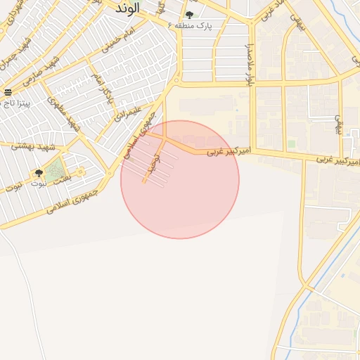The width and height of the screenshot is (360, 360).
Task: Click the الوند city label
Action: (x=127, y=8)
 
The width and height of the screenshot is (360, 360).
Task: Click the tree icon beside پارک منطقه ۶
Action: (x=189, y=15)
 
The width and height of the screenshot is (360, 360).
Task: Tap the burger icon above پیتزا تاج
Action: (x=8, y=93)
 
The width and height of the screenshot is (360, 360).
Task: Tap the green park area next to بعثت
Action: (x=56, y=169)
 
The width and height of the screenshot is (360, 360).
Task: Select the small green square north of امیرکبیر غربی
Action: (x=291, y=143)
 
